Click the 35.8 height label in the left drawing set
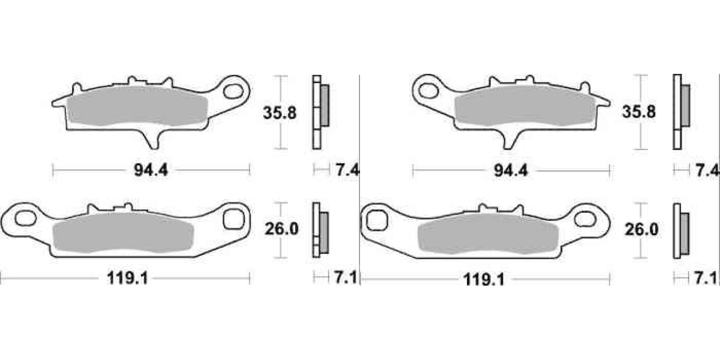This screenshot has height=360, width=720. point(280,113)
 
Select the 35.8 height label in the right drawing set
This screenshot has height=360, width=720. point(639,112)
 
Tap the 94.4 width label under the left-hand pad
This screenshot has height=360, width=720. point(151,170)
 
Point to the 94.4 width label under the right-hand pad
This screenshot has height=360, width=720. point(511,170)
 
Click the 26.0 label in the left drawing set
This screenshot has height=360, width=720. point(282,229)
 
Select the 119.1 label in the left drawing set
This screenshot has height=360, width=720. point(127,278)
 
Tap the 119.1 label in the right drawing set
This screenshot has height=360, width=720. point(484,280)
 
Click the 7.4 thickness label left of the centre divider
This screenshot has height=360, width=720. point(347,170)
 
